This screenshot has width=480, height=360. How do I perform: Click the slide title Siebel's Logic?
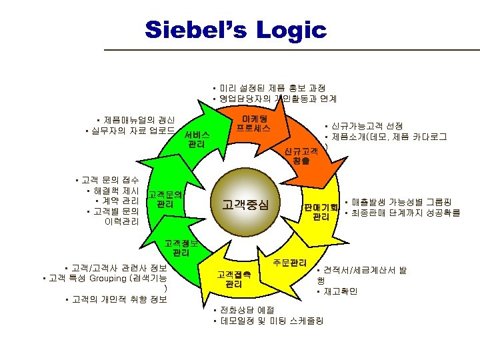coord(235,30)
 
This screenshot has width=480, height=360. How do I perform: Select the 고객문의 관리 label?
coord(165,199)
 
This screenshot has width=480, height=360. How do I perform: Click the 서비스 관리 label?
coord(197,139)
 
